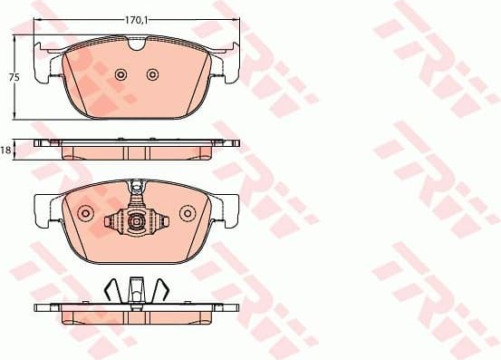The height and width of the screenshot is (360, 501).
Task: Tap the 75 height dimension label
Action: pyautogui.click(x=14, y=78)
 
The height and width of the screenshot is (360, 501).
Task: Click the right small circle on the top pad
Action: pyautogui.click(x=153, y=74)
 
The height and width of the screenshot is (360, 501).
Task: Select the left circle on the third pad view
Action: pyautogui.click(x=86, y=213)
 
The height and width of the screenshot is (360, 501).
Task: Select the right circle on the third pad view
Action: pyautogui.click(x=188, y=213)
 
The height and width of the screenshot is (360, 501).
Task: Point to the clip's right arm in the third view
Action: pyautogui.click(x=160, y=220)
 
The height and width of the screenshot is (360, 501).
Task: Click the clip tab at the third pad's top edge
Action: pyautogui.click(x=137, y=189)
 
